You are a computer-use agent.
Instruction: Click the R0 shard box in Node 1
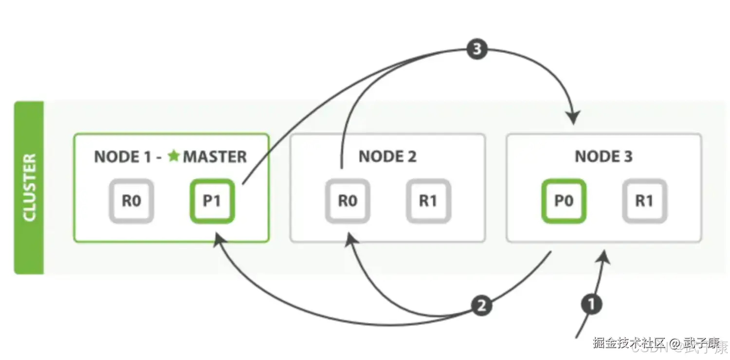click(x=131, y=201)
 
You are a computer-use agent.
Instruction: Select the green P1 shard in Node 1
click(x=212, y=201)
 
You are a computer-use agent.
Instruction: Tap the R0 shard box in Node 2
click(x=347, y=201)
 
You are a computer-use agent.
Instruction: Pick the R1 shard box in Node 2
click(x=428, y=201)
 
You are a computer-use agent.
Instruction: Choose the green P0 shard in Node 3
click(x=564, y=201)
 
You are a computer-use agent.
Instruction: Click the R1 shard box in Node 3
click(x=644, y=201)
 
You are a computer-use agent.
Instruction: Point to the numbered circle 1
click(x=591, y=305)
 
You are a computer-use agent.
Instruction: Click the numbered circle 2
click(x=481, y=306)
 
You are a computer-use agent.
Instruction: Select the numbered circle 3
click(x=476, y=50)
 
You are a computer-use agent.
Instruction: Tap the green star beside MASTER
click(x=174, y=156)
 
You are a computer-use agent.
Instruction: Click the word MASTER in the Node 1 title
click(x=215, y=157)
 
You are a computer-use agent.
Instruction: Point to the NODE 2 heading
click(x=387, y=157)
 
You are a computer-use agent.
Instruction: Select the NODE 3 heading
click(x=603, y=157)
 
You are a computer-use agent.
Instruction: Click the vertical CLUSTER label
click(x=29, y=187)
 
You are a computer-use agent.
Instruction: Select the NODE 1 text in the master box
click(x=125, y=157)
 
